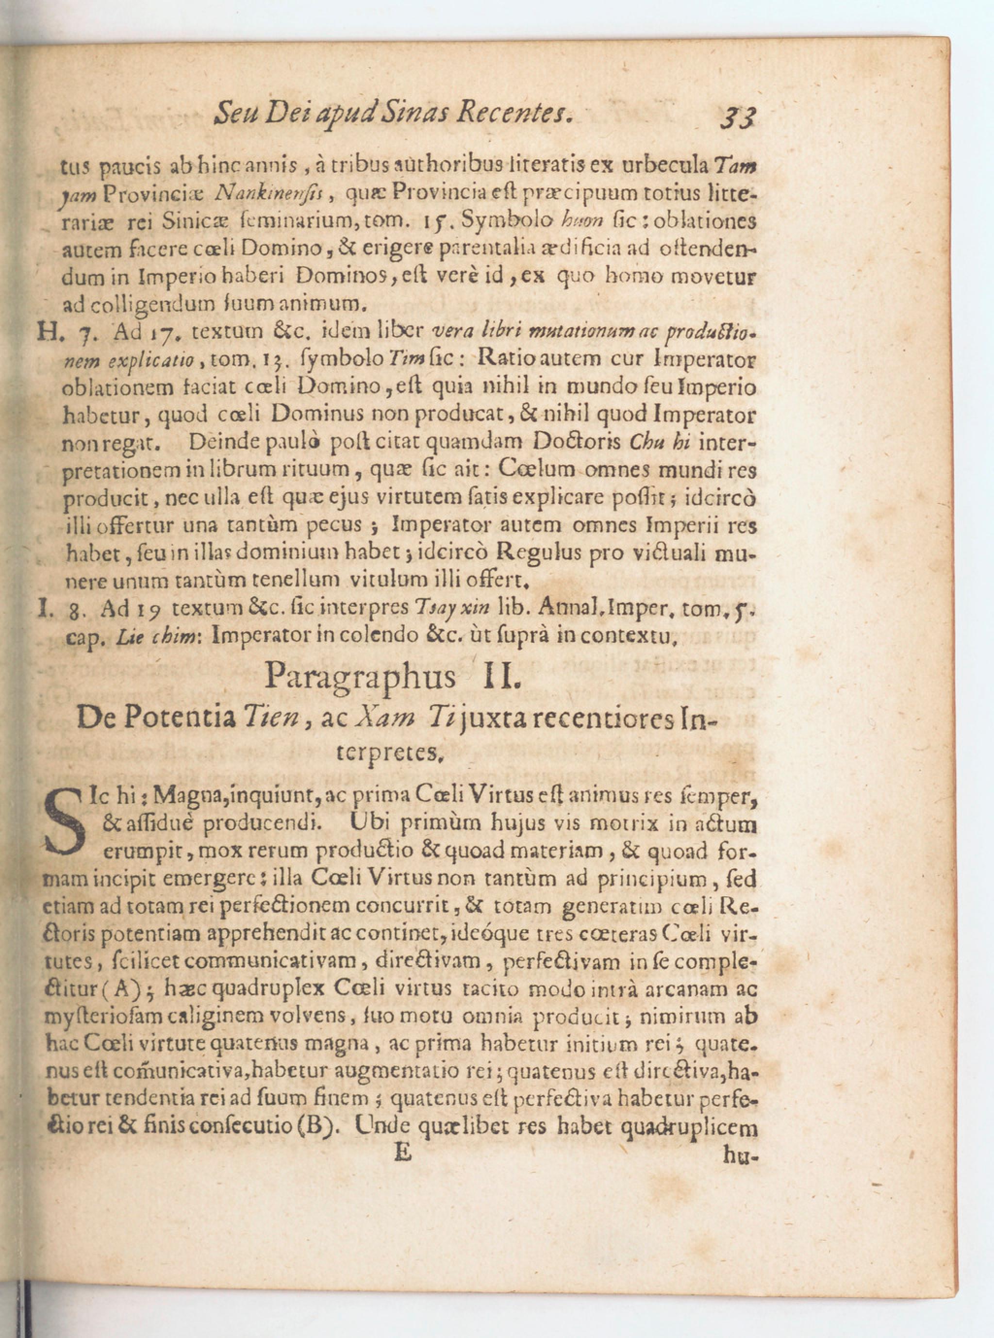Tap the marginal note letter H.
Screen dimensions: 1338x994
pos(46,332)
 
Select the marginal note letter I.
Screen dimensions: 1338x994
pos(43,609)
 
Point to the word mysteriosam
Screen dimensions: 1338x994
pos(100,1017)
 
